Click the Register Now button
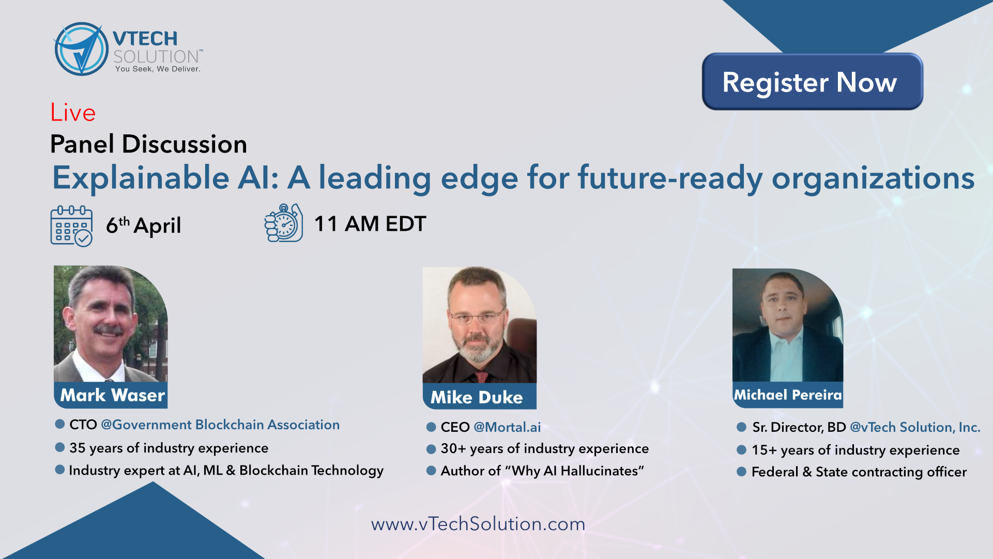[x=812, y=81]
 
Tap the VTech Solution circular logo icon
[x=81, y=49]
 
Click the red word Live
[x=73, y=113]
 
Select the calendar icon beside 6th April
[x=71, y=226]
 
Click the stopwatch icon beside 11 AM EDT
[x=283, y=223]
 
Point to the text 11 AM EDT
[x=370, y=224]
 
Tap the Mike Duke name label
[x=477, y=397]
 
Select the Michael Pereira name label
[x=788, y=395]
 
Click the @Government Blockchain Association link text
[x=220, y=425]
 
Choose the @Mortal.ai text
[x=507, y=427]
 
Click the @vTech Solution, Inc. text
[x=915, y=427]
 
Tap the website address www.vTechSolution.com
[x=478, y=524]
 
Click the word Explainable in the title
[x=141, y=178]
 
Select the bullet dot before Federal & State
[x=741, y=472]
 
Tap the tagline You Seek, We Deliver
[x=158, y=69]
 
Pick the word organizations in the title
[x=873, y=178]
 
